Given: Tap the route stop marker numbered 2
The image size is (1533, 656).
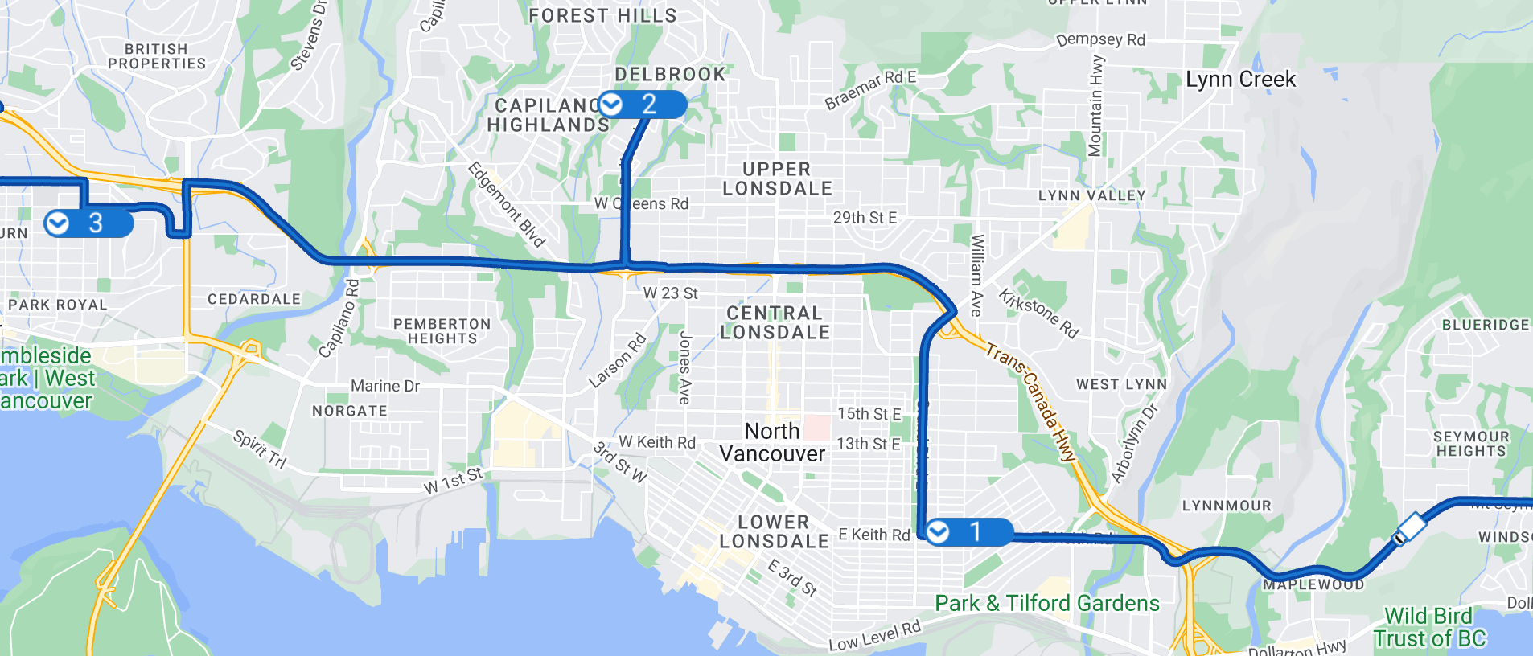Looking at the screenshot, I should click(x=643, y=105).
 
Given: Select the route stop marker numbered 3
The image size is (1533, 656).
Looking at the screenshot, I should click(x=88, y=223).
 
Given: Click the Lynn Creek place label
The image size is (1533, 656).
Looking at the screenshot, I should click(x=1240, y=80).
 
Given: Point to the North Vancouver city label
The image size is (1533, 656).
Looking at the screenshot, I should click(x=772, y=442).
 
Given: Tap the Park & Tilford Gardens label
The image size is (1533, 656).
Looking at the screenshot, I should click(x=1046, y=603).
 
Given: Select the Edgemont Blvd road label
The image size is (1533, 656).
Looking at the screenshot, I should click(x=507, y=204).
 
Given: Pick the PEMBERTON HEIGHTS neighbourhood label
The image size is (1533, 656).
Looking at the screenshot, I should click(x=442, y=331).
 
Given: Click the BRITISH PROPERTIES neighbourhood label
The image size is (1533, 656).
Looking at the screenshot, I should click(x=157, y=56).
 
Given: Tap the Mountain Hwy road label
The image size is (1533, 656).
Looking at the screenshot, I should click(x=1095, y=105).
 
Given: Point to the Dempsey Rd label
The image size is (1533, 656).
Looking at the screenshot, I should click(x=1100, y=40).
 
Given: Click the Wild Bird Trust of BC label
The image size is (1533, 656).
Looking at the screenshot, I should click(x=1429, y=627).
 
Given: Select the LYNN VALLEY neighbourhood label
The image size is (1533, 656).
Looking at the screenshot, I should click(x=1091, y=195).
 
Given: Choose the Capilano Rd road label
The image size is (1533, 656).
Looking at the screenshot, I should click(x=339, y=318).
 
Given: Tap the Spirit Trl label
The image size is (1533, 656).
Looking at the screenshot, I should click(x=259, y=449).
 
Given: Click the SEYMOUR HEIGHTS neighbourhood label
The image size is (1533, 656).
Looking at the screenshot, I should click(x=1471, y=444).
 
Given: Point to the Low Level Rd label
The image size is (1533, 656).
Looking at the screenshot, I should click(x=874, y=635).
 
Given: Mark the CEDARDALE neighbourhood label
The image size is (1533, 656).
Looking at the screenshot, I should click(x=254, y=299).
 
